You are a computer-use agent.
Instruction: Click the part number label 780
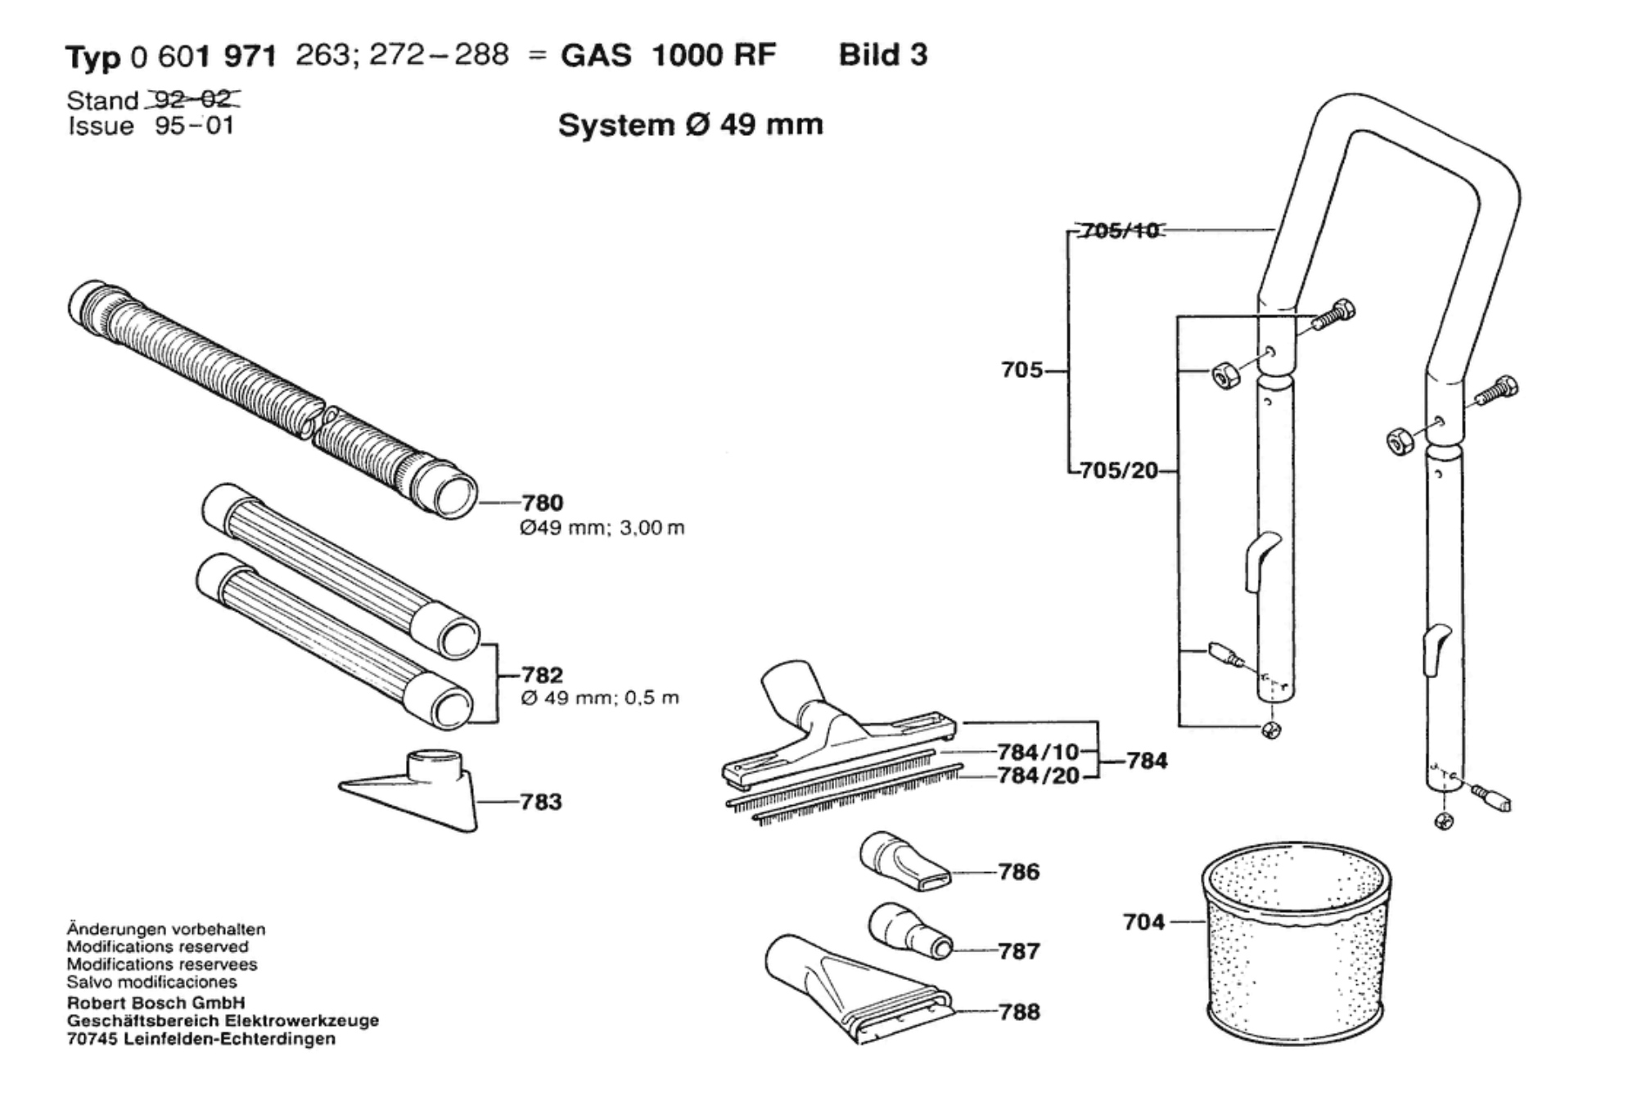(543, 502)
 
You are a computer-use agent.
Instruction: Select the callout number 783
(541, 802)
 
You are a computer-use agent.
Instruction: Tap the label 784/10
(1039, 751)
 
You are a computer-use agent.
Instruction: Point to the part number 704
(1143, 922)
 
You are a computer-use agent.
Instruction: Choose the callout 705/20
(1119, 470)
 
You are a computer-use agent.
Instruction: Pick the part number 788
(1019, 1012)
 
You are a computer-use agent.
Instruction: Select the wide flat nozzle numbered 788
(859, 988)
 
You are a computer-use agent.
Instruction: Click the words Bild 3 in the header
(883, 55)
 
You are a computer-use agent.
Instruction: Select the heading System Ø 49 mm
(690, 125)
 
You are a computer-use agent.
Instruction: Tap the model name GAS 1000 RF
(668, 56)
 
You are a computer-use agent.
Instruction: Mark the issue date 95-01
(194, 126)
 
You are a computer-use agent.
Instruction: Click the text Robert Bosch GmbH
(156, 1003)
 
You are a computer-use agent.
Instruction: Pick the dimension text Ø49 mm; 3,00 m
(602, 528)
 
